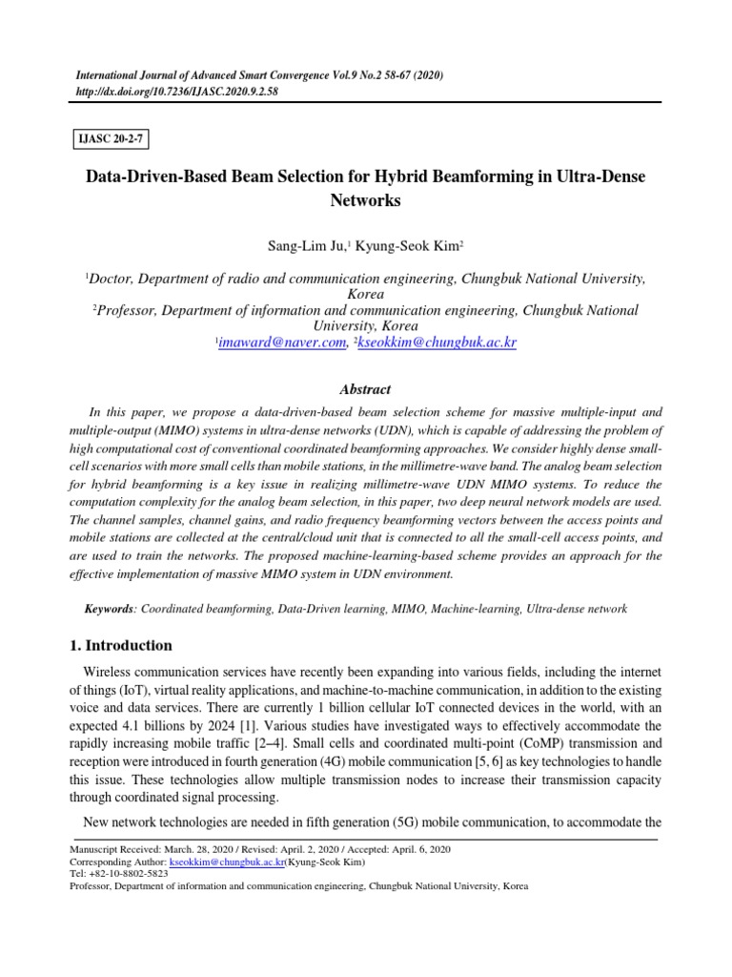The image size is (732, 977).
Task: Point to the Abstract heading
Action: pyautogui.click(x=365, y=389)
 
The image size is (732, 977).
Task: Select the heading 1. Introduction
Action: pyautogui.click(x=123, y=645)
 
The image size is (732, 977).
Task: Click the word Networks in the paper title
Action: pyautogui.click(x=365, y=201)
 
